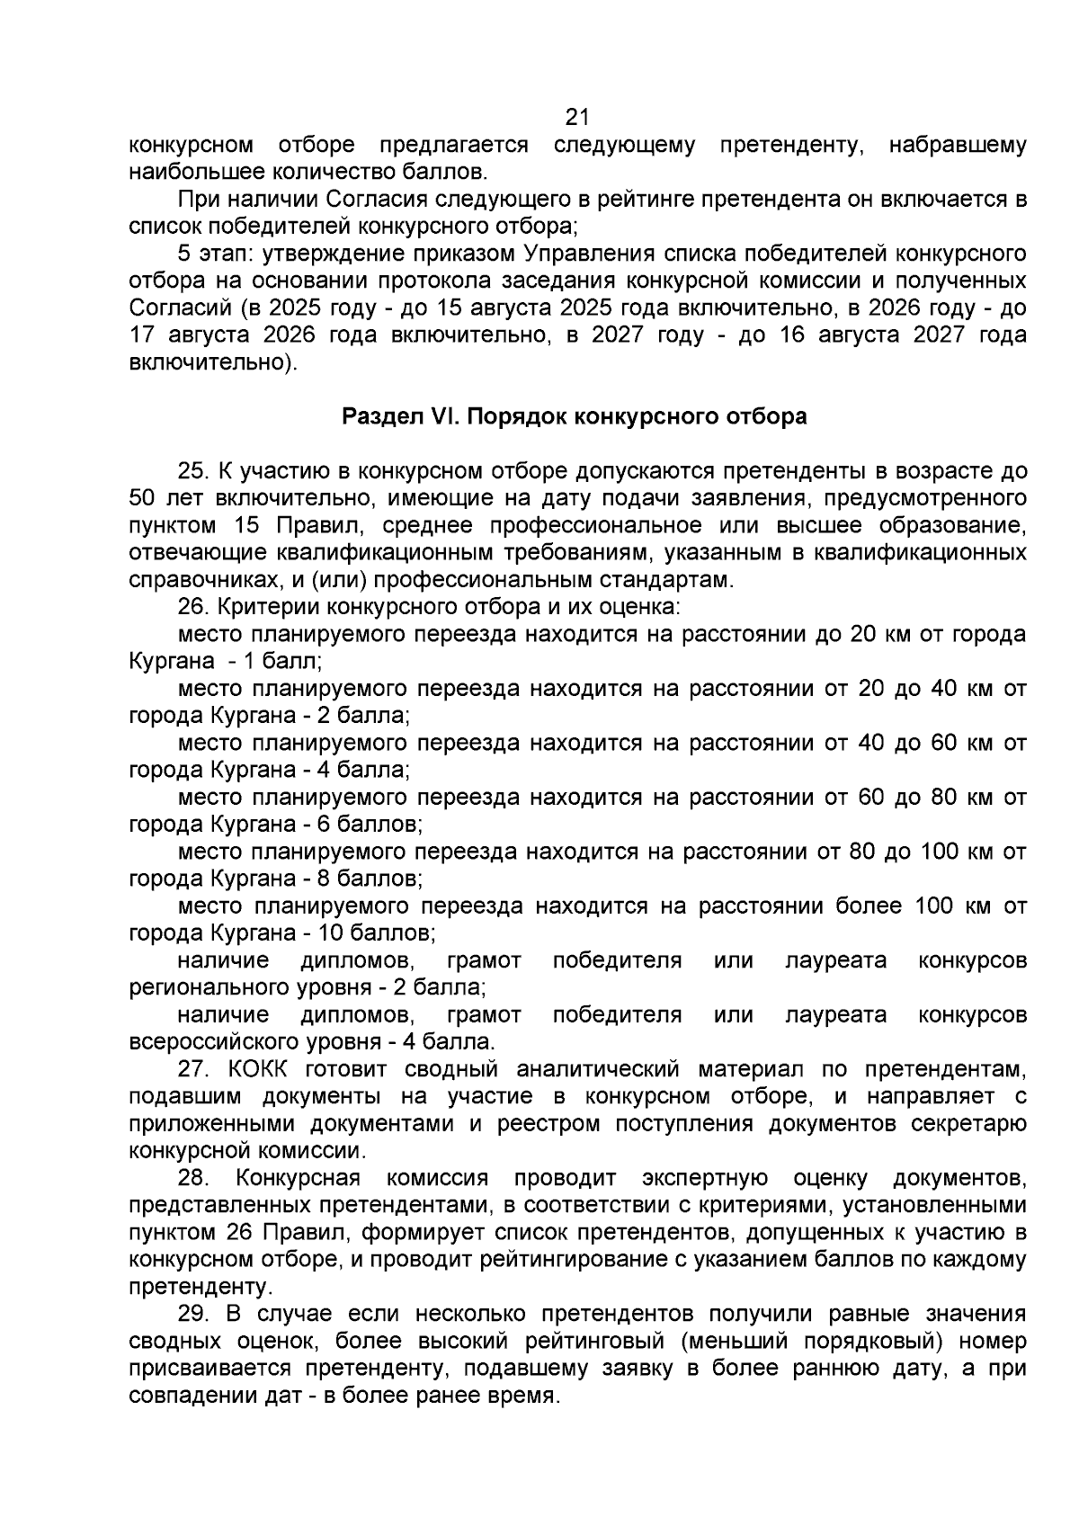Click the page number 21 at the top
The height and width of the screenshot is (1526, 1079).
pos(576,118)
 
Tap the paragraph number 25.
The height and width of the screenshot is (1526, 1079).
pos(192,471)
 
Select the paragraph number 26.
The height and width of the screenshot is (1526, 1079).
pos(192,607)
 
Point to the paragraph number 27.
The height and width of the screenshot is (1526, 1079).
pos(192,1069)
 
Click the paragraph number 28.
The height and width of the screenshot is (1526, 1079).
pos(192,1178)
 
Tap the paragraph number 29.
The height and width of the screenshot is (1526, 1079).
pos(192,1314)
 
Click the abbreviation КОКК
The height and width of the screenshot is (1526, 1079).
pos(262,1069)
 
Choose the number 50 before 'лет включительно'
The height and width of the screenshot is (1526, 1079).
pos(144,498)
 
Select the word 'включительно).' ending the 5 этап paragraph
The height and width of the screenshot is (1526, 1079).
pos(212,363)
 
